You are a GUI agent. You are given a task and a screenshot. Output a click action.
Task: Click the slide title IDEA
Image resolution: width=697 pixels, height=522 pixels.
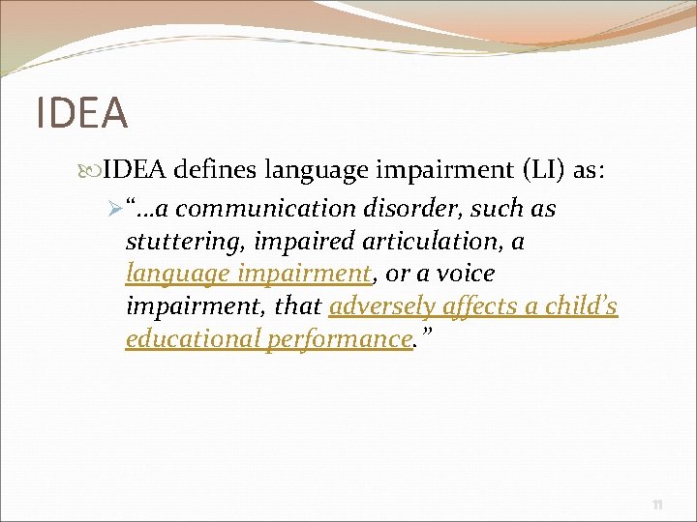click(x=81, y=112)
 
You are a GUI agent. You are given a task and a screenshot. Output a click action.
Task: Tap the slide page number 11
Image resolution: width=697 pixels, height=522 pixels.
click(x=657, y=504)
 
